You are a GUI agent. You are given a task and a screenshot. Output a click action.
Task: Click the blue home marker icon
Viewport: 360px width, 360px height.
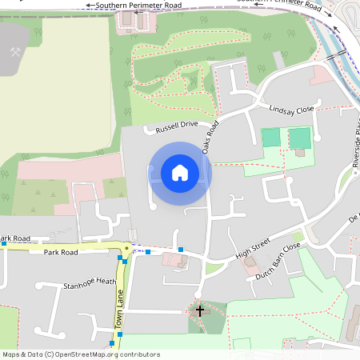[x=179, y=173]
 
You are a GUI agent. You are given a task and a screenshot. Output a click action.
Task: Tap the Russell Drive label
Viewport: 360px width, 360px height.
[x=177, y=125]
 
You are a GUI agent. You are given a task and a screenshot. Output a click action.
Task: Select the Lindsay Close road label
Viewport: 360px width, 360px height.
[x=292, y=110]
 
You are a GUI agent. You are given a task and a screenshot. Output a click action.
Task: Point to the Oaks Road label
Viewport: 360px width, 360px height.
[x=210, y=138]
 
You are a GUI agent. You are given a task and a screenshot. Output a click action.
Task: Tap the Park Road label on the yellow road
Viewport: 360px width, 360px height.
[x=61, y=252]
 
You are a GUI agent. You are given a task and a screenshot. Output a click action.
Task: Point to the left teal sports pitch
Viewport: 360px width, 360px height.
[x=271, y=138]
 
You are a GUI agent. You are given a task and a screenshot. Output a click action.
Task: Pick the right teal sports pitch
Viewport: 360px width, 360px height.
[x=299, y=138]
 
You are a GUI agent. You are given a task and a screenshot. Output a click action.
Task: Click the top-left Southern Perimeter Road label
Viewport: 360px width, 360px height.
[x=138, y=5]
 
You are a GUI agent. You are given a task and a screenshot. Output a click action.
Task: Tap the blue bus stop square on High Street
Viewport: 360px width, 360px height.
[x=181, y=250]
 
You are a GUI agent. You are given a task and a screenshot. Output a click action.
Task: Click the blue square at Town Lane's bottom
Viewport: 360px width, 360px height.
[x=112, y=343]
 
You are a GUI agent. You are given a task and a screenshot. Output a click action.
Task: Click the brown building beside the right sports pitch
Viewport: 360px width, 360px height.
[x=300, y=153]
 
